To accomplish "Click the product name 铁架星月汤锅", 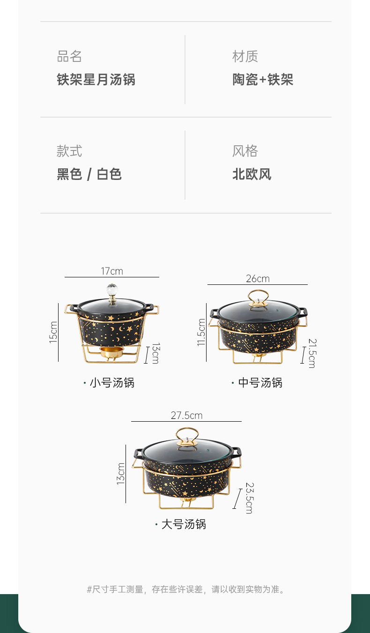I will [96, 80].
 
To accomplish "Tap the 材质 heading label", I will [245, 57].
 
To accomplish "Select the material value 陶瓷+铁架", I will [263, 80].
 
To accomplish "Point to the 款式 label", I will [69, 151].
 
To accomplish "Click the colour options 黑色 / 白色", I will [89, 174].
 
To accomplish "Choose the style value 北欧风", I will [252, 174].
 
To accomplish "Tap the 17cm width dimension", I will [112, 271].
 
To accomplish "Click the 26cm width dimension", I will [258, 279].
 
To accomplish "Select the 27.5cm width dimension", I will [186, 416].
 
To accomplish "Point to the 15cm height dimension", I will [53, 332].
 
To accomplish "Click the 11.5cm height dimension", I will [201, 332].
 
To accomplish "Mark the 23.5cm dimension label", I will [249, 498].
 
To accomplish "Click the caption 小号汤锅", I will [111, 383].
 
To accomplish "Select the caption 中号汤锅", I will [260, 383].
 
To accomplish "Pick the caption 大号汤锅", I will [184, 524].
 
